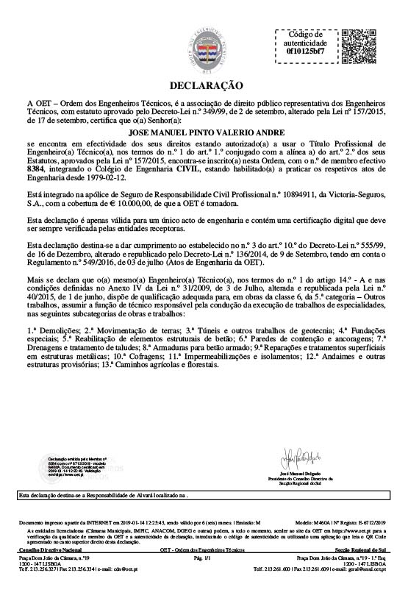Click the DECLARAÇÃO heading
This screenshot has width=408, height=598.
[x=205, y=85]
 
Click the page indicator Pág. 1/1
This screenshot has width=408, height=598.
[x=203, y=560]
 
